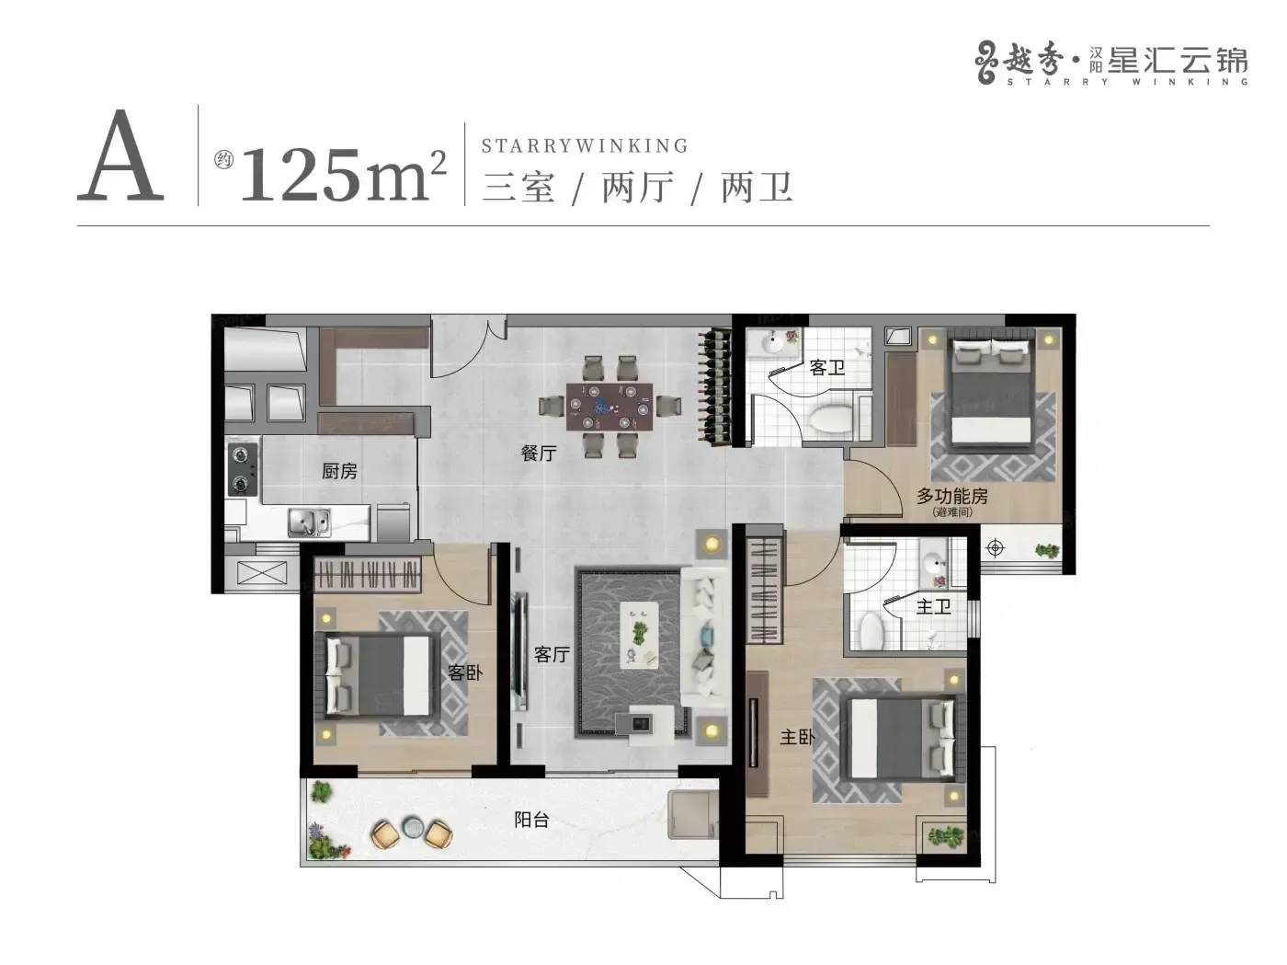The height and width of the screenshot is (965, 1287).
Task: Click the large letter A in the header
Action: [120, 155]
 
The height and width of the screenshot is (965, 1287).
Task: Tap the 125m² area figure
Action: [344, 174]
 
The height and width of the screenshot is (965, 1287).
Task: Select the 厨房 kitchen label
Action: [339, 471]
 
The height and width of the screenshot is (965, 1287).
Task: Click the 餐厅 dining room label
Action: [539, 453]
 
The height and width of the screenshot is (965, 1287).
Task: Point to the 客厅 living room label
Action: [552, 654]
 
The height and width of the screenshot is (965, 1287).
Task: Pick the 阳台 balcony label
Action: [531, 820]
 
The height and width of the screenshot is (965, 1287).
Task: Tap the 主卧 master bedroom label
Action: [797, 737]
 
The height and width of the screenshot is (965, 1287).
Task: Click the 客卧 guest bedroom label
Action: [465, 672]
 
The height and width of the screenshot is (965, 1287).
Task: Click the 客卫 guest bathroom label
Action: [826, 368]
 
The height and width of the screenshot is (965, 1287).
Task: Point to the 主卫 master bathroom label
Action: [933, 606]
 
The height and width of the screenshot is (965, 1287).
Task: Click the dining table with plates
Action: [609, 408]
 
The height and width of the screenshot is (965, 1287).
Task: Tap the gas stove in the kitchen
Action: [242, 469]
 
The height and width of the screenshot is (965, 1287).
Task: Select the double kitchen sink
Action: [309, 523]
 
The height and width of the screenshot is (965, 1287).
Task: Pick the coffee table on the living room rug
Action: [639, 636]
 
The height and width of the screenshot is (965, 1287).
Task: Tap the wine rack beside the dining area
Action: [714, 386]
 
